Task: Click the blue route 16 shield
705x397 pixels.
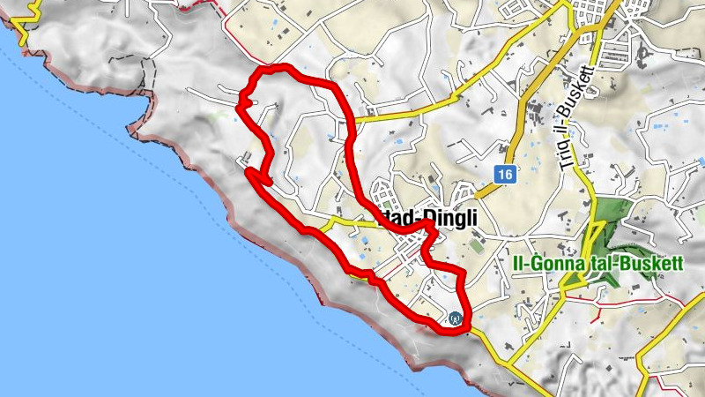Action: (503, 175)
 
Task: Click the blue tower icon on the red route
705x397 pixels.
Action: (455, 318)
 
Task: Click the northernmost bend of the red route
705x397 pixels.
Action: (280, 69)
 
